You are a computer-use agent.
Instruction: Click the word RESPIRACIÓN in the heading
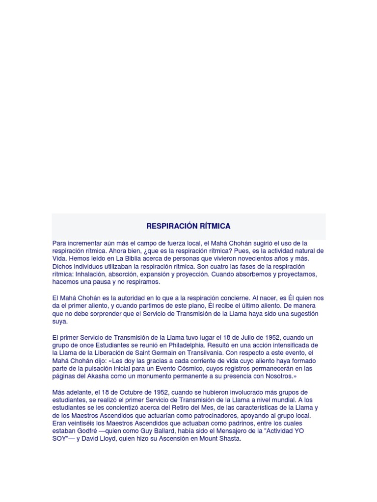pyautogui.click(x=167, y=226)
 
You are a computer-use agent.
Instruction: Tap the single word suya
pyautogui.click(x=60, y=322)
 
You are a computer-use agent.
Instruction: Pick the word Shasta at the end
pyautogui.click(x=230, y=439)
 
